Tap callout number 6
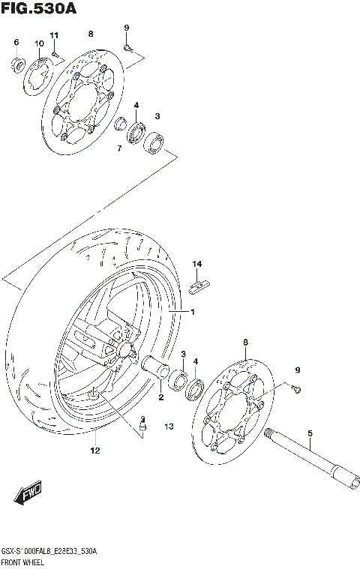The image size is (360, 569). tap(16, 43)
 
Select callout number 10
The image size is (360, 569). tap(39, 44)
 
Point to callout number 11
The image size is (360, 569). tap(54, 36)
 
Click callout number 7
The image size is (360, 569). tap(119, 148)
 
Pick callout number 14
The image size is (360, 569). tap(197, 263)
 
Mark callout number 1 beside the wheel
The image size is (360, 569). tap(192, 312)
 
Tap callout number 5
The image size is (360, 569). tap(308, 433)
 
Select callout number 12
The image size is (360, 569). tap(95, 451)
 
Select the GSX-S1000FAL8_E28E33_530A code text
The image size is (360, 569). tap(48, 550)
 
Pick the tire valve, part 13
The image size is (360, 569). tap(141, 428)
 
